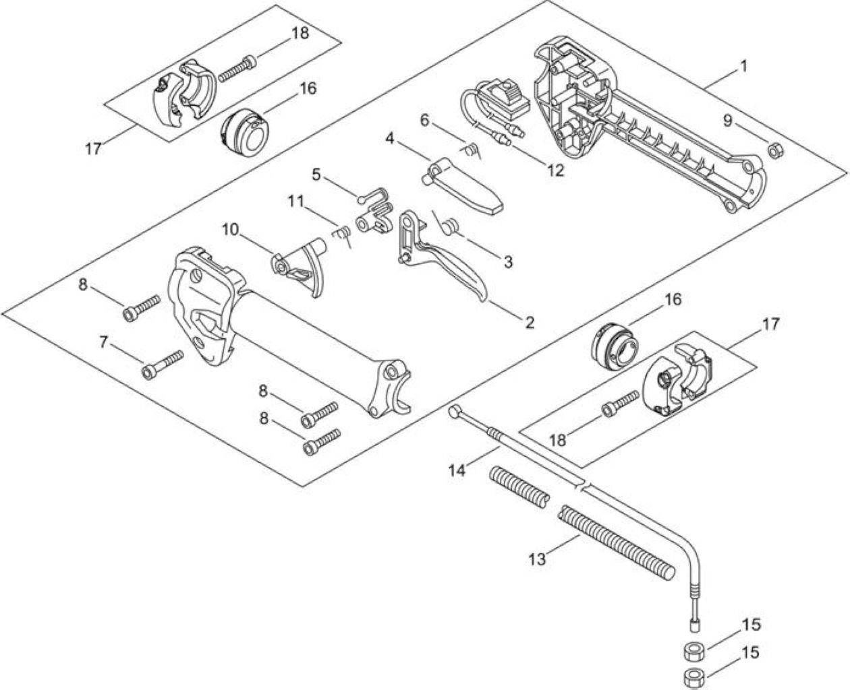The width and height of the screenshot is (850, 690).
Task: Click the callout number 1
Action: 743,66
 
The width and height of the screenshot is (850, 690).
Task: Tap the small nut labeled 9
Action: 775,152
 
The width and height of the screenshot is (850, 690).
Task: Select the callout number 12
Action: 555,170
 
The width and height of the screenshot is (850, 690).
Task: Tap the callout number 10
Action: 230,230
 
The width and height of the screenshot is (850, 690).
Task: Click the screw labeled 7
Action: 163,365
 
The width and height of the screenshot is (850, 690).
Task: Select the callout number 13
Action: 537,559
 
